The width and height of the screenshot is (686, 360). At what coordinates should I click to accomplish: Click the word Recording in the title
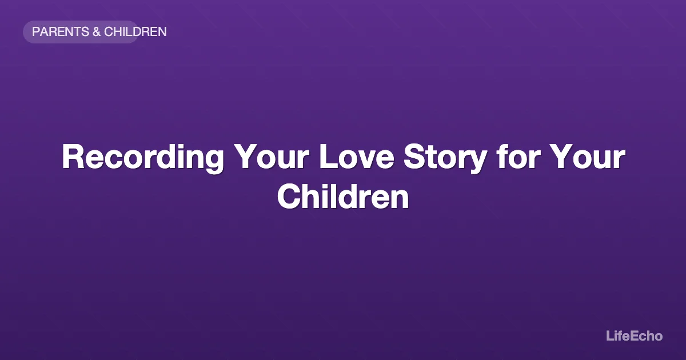(x=143, y=157)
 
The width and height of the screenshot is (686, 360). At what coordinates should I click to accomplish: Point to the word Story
(x=444, y=157)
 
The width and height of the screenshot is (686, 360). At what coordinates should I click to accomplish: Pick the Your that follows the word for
(x=584, y=157)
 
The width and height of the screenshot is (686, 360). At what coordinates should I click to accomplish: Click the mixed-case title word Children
(x=343, y=197)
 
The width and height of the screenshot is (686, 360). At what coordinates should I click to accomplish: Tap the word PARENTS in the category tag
(x=60, y=32)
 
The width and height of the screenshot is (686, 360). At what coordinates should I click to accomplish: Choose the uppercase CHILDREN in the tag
(x=135, y=32)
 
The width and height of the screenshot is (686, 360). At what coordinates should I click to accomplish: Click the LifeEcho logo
(x=634, y=336)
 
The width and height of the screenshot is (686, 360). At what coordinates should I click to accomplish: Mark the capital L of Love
(x=327, y=157)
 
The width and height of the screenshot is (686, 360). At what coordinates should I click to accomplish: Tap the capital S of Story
(x=413, y=157)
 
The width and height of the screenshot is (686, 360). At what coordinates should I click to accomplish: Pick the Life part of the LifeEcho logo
(x=619, y=336)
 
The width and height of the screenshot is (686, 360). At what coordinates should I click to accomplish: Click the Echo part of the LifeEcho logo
(x=648, y=336)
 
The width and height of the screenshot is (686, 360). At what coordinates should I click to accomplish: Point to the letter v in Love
(x=367, y=159)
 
